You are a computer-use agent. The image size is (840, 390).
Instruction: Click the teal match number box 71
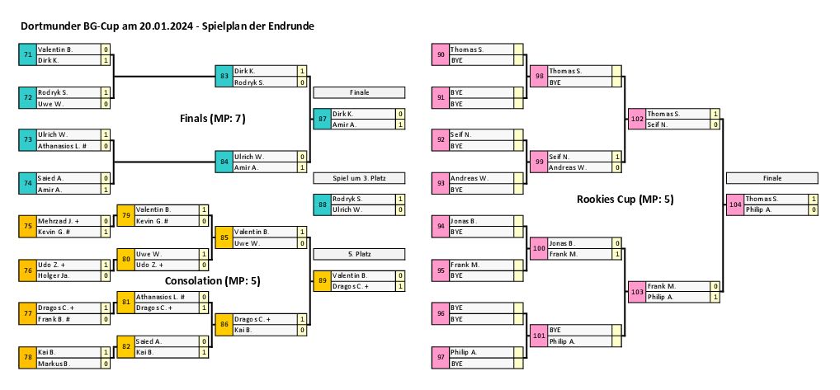pyautogui.click(x=28, y=55)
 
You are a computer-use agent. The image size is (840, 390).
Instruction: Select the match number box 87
pyautogui.click(x=322, y=119)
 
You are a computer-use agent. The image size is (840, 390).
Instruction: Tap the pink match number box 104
pyautogui.click(x=734, y=204)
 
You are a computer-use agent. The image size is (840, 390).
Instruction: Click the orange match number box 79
pyautogui.click(x=125, y=215)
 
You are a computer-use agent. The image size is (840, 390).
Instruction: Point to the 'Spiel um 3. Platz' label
pyautogui.click(x=359, y=177)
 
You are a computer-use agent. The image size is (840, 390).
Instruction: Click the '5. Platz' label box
pyautogui.click(x=359, y=253)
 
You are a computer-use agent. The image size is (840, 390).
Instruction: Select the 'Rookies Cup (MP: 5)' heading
pyautogui.click(x=625, y=199)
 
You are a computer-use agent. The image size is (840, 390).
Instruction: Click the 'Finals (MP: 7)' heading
pyautogui.click(x=213, y=119)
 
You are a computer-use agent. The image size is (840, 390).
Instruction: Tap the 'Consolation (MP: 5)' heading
pyautogui.click(x=213, y=280)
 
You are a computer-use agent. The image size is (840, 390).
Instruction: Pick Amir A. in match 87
pyautogui.click(x=361, y=125)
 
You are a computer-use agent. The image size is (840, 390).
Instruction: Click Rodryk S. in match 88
pyautogui.click(x=361, y=199)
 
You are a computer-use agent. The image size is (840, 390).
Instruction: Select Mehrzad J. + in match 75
pyautogui.click(x=68, y=221)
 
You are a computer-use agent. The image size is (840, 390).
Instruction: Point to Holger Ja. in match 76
pyautogui.click(x=68, y=275)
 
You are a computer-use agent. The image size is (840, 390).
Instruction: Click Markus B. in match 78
pyautogui.click(x=68, y=363)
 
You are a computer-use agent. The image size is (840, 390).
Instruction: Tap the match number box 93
pyautogui.click(x=441, y=183)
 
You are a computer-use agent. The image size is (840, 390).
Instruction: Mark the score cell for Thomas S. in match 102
pyautogui.click(x=715, y=114)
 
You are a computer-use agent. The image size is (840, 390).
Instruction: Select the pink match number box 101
pyautogui.click(x=538, y=335)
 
